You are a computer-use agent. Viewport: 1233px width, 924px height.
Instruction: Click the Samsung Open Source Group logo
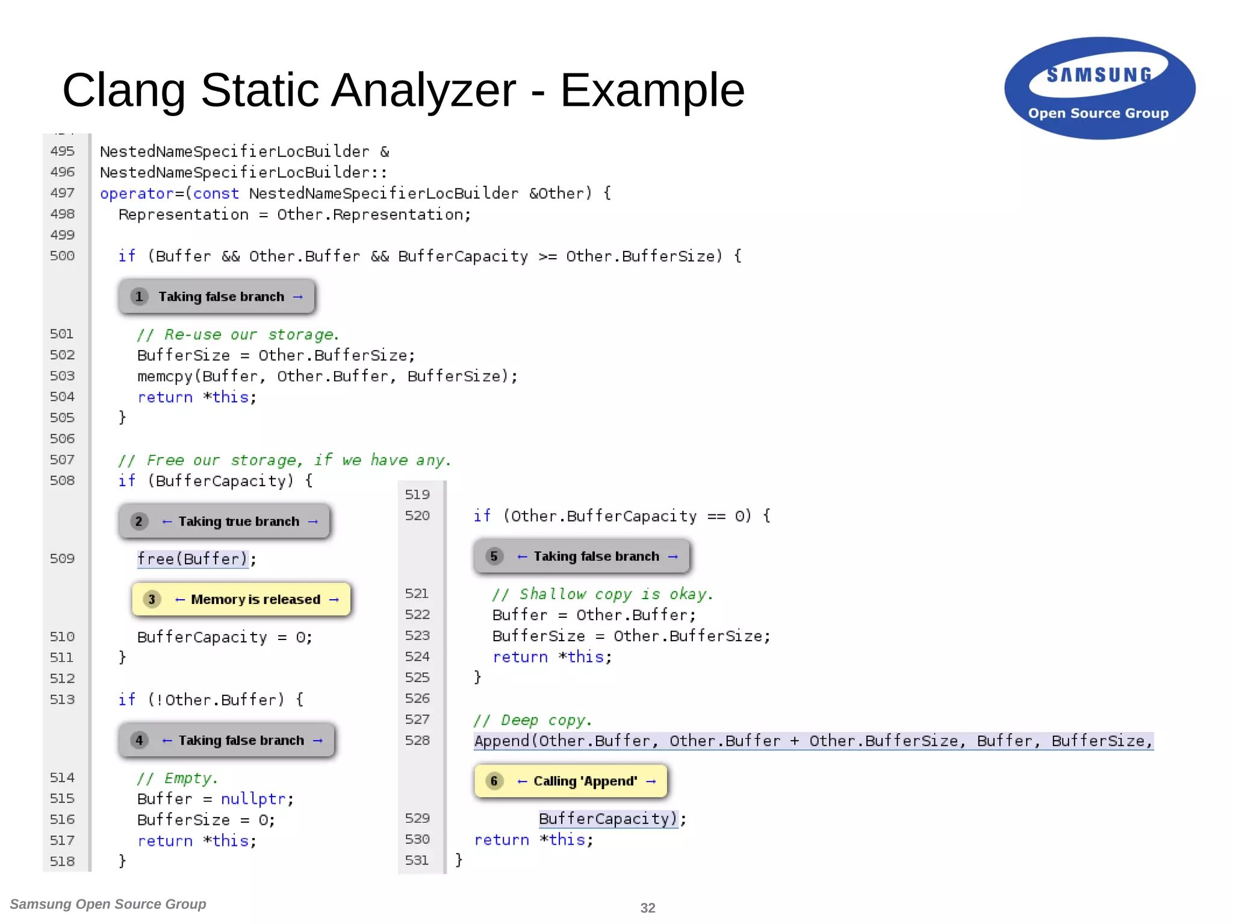[x=1099, y=88]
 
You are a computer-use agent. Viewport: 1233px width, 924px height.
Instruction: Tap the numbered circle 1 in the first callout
[x=139, y=297]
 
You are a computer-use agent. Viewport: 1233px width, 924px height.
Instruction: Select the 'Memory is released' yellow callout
[x=241, y=599]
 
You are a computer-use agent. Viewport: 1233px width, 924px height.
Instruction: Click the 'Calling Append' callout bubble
[x=571, y=781]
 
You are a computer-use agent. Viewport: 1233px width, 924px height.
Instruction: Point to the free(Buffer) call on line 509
[x=192, y=559]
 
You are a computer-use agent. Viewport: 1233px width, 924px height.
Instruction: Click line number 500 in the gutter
[x=62, y=256]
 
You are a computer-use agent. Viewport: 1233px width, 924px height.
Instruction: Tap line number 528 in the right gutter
[x=417, y=741]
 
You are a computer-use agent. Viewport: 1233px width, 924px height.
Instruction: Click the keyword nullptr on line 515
[x=253, y=799]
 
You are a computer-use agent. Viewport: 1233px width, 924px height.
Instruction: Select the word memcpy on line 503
[x=164, y=377]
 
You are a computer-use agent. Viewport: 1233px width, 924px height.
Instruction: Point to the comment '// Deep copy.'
[x=533, y=720]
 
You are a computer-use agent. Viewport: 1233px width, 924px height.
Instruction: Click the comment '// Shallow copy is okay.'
[x=602, y=594]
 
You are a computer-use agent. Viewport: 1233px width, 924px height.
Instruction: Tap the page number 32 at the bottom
[x=647, y=908]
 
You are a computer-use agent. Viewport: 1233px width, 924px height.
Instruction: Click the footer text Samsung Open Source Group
[x=108, y=904]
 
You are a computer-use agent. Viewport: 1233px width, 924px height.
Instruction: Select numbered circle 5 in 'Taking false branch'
[x=494, y=556]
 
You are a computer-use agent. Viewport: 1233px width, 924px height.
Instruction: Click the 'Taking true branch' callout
[x=225, y=521]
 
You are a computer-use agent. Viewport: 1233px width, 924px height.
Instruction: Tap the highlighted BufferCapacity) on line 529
[x=608, y=819]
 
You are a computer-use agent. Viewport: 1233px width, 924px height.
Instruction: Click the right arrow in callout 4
[x=318, y=741]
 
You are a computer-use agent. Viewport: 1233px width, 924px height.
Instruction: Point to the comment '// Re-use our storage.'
[x=238, y=334]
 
